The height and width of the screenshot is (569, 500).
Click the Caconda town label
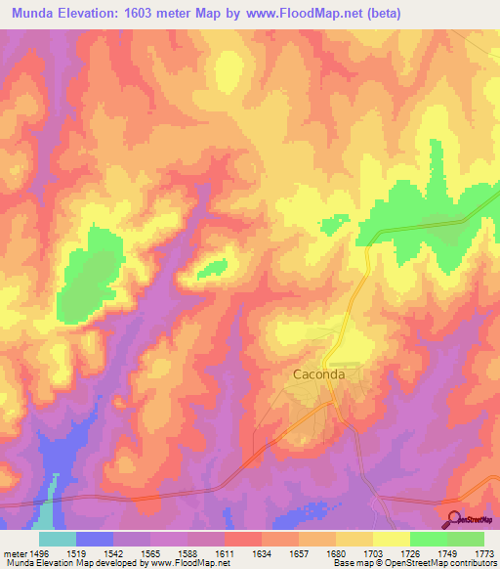(x=319, y=373)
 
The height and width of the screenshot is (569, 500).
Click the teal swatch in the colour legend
(x=58, y=539)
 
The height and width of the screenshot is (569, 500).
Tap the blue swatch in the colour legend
(x=95, y=539)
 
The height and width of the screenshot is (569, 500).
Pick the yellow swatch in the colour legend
(x=392, y=539)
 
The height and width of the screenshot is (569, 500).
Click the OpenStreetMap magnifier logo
(x=453, y=520)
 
